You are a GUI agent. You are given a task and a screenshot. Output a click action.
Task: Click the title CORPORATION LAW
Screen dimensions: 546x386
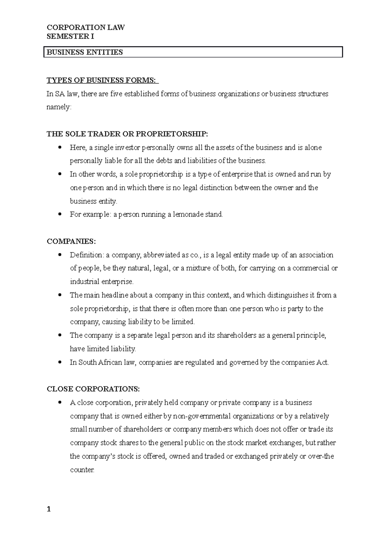[x=86, y=28]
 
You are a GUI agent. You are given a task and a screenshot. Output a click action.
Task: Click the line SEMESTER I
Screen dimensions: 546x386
[x=70, y=36]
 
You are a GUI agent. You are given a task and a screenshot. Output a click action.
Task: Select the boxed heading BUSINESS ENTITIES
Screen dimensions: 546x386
[x=85, y=52]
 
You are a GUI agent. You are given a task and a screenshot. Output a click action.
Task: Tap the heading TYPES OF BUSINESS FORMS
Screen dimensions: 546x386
[x=102, y=80]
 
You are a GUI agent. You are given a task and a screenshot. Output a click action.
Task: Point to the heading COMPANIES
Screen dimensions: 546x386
[x=71, y=241]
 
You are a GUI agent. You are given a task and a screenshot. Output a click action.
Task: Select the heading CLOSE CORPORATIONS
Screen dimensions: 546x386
[x=93, y=389]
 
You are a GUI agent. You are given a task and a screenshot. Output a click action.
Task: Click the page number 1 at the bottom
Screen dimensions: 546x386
[x=49, y=509]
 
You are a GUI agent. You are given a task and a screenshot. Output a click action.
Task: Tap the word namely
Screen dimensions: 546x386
[x=59, y=107]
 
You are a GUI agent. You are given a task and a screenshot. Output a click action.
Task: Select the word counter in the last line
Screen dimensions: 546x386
[x=82, y=470]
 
